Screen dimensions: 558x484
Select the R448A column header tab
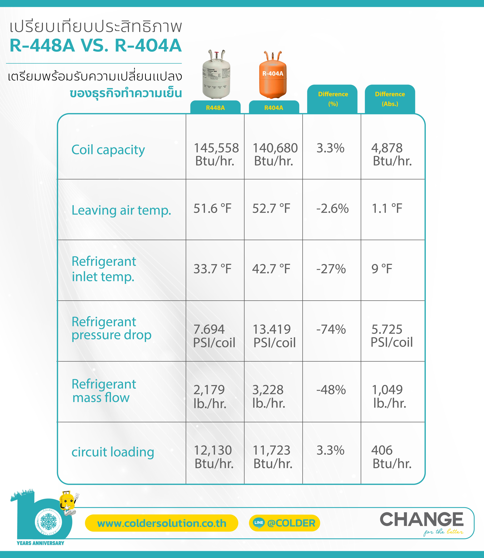pyautogui.click(x=215, y=108)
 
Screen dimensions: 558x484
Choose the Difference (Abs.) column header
pyautogui.click(x=390, y=99)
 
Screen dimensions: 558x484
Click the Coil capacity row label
pyautogui.click(x=108, y=150)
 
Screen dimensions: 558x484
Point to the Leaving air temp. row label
pyautogui.click(x=121, y=210)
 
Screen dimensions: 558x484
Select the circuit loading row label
pyautogui.click(x=113, y=452)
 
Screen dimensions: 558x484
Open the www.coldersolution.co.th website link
pyautogui.click(x=162, y=523)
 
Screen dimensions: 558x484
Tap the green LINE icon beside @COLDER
pyautogui.click(x=258, y=523)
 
